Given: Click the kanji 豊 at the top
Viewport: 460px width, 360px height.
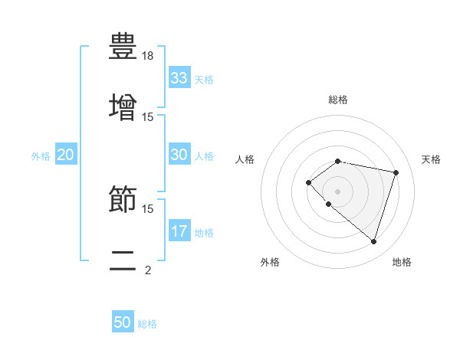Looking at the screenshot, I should point(123,45).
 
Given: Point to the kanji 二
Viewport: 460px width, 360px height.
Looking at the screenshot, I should point(123,259).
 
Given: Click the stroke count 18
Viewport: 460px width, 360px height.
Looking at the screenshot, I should point(148,56).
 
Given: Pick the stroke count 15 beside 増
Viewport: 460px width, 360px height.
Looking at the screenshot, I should point(148,116).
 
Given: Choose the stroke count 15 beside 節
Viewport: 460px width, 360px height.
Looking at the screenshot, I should point(148,208).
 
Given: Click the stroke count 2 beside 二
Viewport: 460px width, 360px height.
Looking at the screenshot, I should point(148,270).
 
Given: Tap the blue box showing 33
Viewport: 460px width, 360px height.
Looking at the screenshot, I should point(179,78).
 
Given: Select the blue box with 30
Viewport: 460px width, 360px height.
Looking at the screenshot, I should point(179,155).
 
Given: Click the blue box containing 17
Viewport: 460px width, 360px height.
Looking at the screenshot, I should point(179,231).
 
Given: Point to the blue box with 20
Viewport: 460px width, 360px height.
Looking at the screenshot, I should point(66,155).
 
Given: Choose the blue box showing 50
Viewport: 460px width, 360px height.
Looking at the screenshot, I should point(123,322).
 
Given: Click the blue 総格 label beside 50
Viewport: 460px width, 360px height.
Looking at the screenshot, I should point(148,324).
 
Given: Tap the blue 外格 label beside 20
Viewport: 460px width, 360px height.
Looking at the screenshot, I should point(41,156).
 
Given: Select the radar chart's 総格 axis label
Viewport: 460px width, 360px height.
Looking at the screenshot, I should point(337,100).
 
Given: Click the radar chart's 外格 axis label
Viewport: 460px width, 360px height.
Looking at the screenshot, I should point(270,262).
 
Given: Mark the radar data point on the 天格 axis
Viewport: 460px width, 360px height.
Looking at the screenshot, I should point(396,172).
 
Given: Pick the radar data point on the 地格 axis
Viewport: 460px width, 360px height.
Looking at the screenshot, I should point(373,241).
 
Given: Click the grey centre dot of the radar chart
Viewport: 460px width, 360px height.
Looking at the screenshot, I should point(337,191).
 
